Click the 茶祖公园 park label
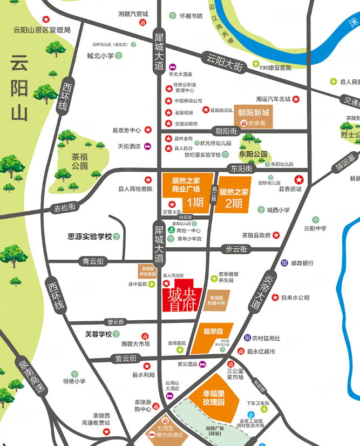(80, 161)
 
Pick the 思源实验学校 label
(90, 236)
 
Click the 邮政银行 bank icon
(284, 263)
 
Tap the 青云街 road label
(93, 262)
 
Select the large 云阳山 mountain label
(19, 89)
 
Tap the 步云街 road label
(236, 249)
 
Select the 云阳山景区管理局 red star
(53, 20)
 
